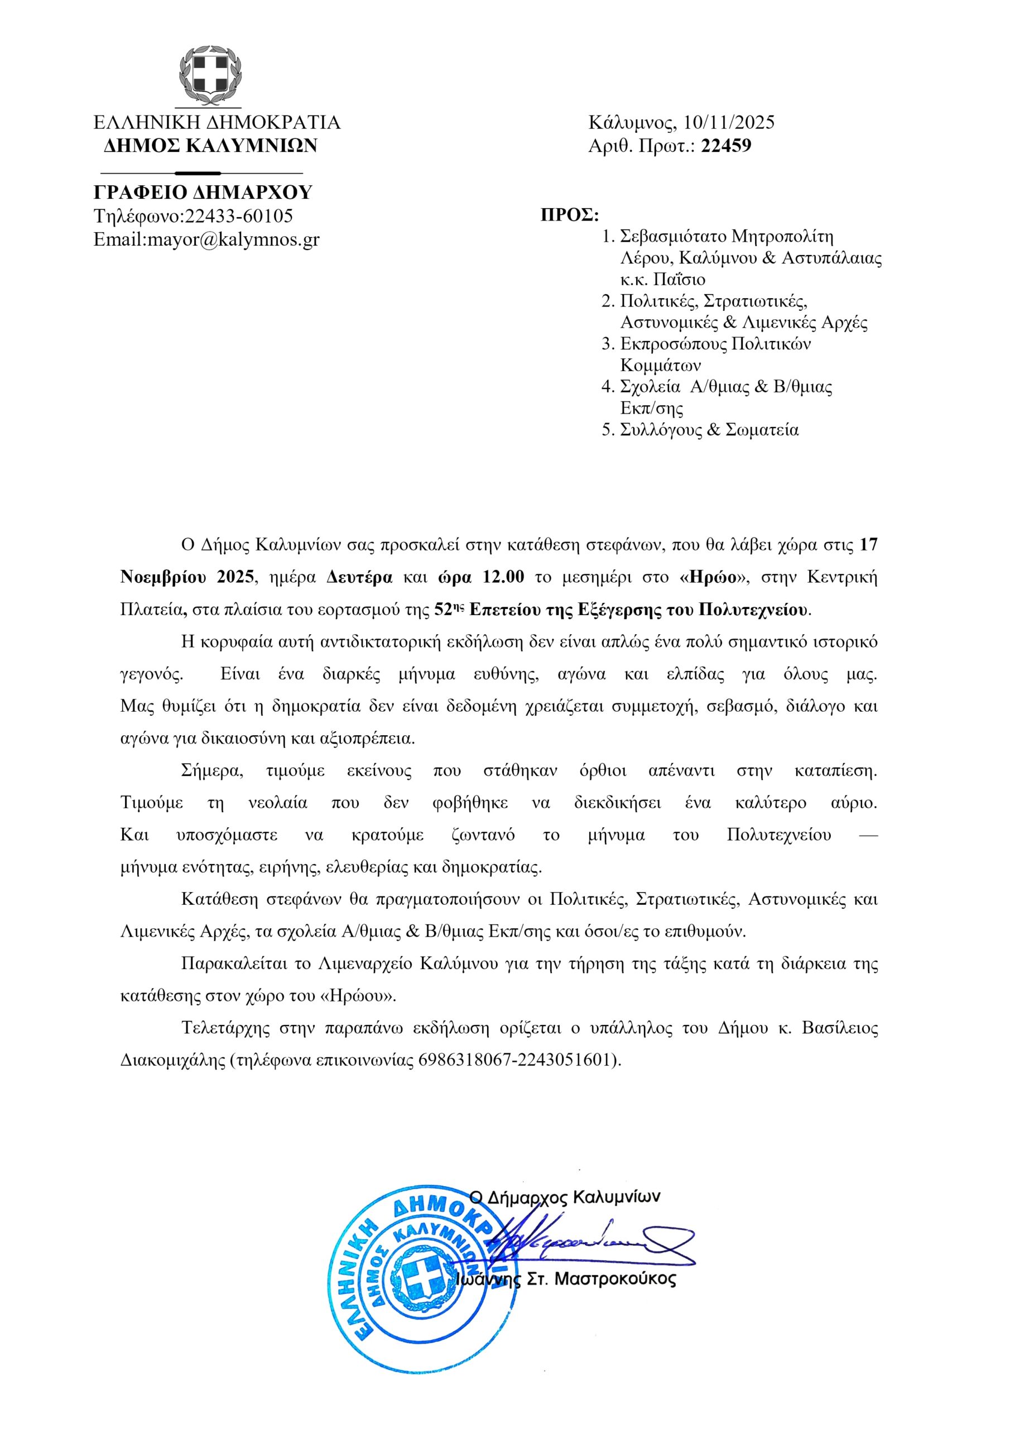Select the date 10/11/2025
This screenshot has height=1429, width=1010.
click(729, 122)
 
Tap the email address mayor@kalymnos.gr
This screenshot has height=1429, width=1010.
click(232, 239)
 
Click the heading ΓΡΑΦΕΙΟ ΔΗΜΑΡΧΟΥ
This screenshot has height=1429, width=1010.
click(203, 193)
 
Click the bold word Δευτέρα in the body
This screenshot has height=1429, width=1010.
click(360, 577)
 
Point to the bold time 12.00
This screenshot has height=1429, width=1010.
click(503, 577)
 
